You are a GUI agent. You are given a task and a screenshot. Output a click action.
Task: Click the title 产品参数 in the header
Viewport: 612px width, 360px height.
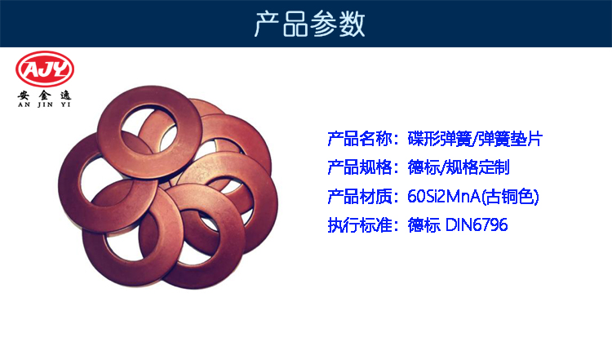(x=309, y=24)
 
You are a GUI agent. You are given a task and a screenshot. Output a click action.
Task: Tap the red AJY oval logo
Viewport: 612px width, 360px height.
(x=45, y=69)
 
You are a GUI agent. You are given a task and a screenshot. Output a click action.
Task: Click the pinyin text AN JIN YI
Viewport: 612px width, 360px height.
(x=44, y=104)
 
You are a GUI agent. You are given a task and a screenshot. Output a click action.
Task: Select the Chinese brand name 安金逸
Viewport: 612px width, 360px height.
(x=44, y=96)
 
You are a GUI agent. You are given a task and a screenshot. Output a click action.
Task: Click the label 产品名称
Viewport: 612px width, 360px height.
(x=360, y=139)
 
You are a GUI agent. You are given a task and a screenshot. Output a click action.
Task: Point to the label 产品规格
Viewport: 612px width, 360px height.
(x=360, y=167)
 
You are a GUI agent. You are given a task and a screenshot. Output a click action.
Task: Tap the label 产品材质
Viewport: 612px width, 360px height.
(x=360, y=197)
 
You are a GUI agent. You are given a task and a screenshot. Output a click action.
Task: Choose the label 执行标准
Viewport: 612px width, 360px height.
(x=360, y=225)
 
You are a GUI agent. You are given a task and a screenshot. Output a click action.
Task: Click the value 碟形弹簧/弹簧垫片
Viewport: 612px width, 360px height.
(x=475, y=139)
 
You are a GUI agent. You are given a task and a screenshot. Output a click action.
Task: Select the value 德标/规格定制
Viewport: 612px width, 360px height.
(x=459, y=167)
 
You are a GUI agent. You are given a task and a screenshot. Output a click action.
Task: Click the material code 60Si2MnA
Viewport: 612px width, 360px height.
(x=444, y=197)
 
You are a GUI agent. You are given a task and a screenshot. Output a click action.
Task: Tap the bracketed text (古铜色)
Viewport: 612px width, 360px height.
(x=510, y=197)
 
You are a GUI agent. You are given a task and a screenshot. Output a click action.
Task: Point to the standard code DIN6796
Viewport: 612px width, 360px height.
(x=477, y=225)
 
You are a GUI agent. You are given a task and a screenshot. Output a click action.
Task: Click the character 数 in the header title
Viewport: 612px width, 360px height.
(x=352, y=24)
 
